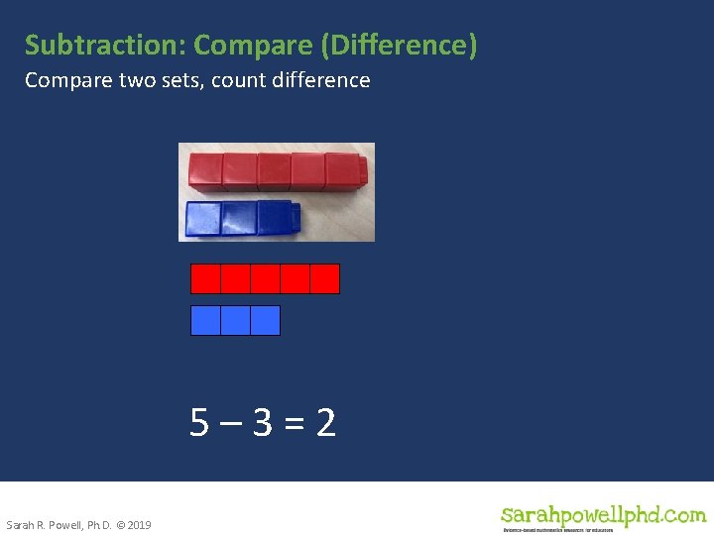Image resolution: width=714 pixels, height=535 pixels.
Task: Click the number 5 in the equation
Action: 200,424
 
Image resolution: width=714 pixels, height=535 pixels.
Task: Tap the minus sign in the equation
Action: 230,425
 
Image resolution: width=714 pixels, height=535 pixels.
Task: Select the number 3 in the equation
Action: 262,424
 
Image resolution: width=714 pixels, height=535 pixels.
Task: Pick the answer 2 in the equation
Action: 325,424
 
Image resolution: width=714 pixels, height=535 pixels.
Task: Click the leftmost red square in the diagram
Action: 205,278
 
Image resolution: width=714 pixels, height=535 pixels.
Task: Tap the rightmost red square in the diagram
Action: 325,278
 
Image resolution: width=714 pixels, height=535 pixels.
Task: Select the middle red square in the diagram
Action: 265,278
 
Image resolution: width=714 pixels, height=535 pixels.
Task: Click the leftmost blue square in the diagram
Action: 205,320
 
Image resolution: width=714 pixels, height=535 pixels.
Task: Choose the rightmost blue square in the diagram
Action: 265,320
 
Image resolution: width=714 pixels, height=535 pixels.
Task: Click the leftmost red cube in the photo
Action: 205,170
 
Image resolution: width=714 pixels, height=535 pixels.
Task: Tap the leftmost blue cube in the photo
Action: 203,219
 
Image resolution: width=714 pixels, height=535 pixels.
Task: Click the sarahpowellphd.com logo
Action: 602,516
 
